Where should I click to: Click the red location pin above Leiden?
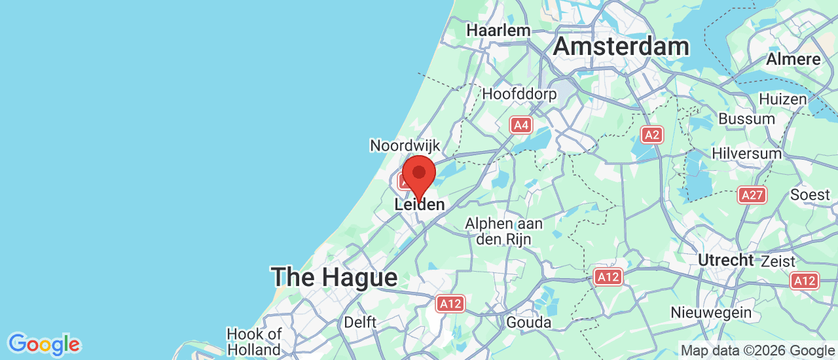pos(419,174)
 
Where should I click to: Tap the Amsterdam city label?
pos(621,46)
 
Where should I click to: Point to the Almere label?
pos(793,59)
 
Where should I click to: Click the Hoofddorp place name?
pos(519,94)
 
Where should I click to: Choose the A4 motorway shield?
pos(521,125)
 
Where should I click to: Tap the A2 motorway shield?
pos(651,135)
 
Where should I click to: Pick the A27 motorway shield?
pos(752,194)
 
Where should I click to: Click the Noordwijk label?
pos(405,145)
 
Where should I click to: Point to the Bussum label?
pos(746,119)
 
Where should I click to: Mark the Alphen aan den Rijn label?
pos(504,232)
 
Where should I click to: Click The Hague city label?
pos(335,277)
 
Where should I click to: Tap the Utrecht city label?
pos(725,260)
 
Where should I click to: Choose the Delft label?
pos(360,322)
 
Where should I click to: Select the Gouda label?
pos(528,322)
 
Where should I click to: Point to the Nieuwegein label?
pos(711,313)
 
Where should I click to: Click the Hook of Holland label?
pos(254,342)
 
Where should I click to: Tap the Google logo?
pos(44,344)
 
